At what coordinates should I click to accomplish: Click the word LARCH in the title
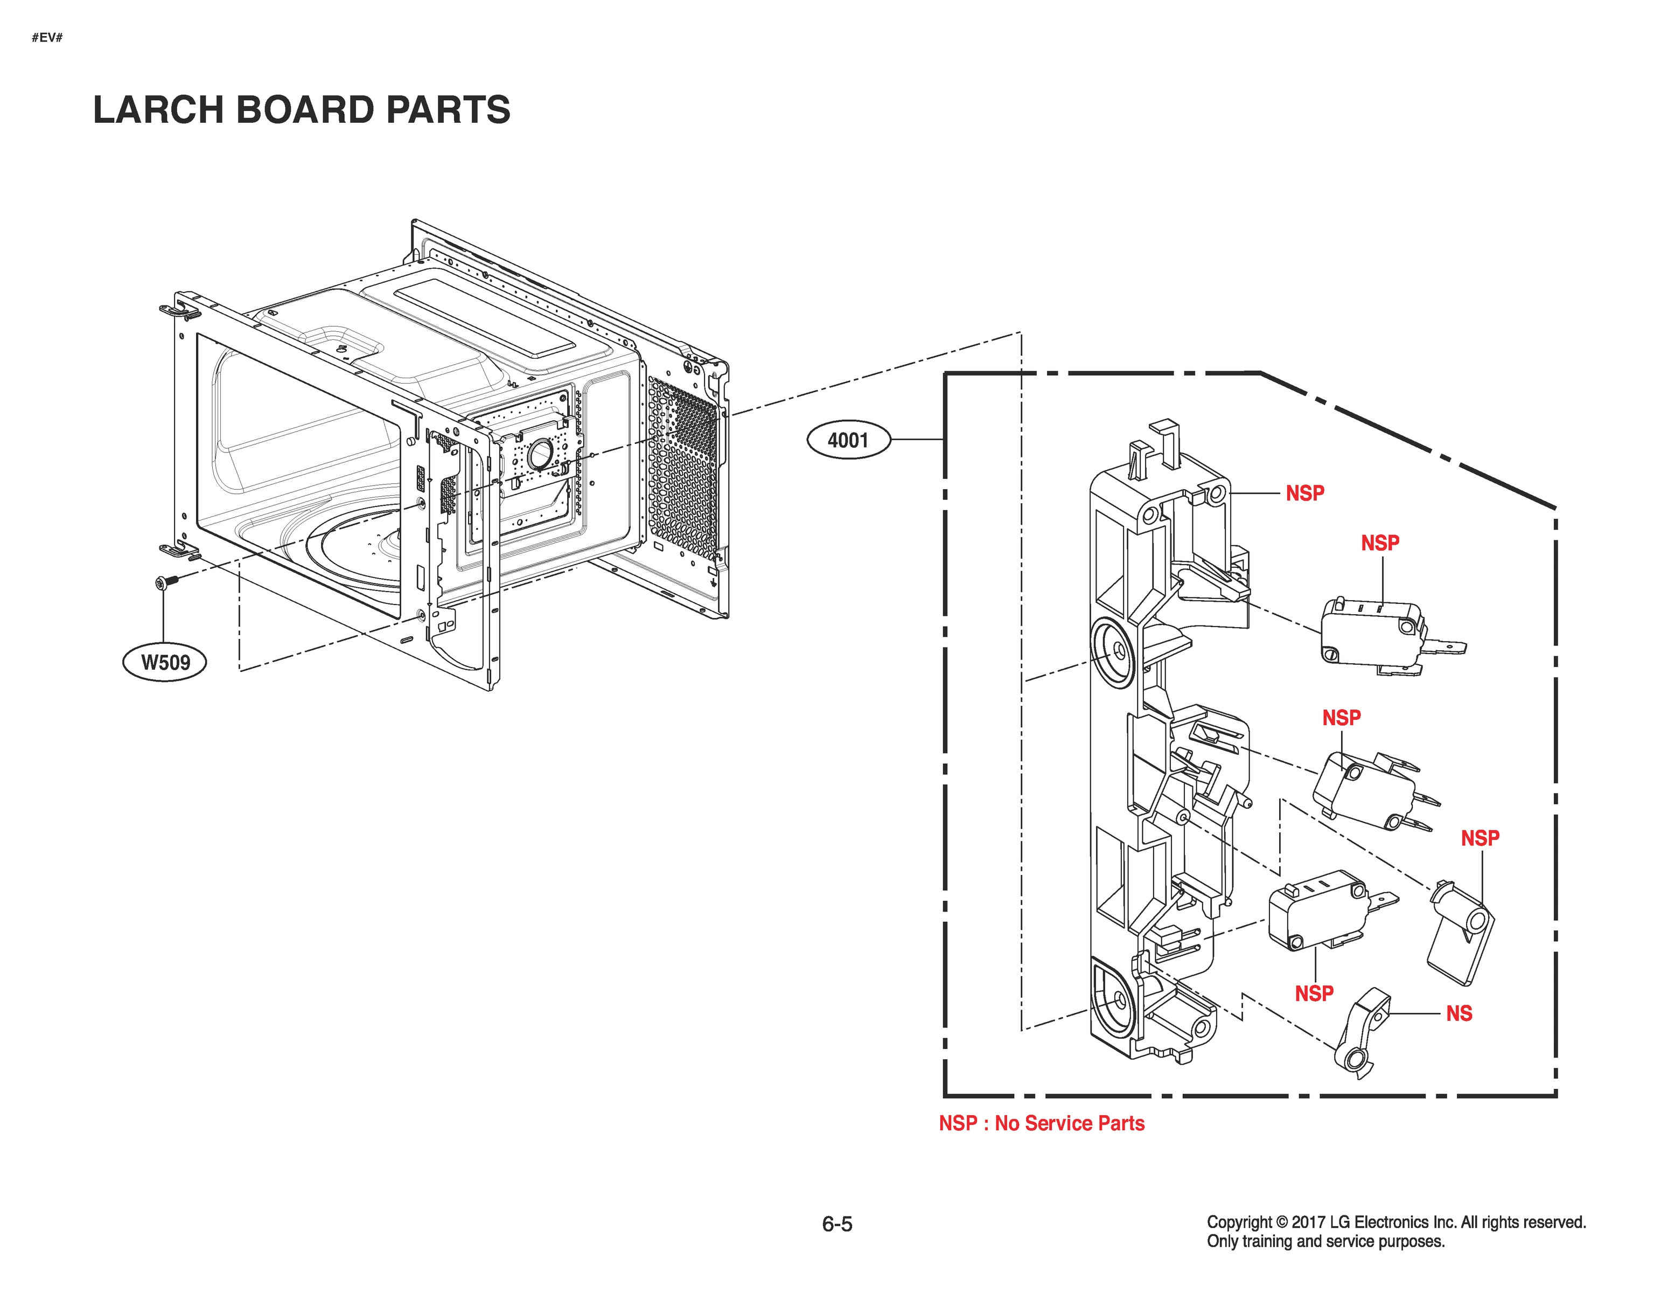pyautogui.click(x=158, y=110)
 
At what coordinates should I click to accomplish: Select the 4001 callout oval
pyautogui.click(x=848, y=441)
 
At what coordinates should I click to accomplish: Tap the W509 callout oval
pyautogui.click(x=165, y=662)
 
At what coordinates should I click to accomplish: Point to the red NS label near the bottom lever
pyautogui.click(x=1458, y=1014)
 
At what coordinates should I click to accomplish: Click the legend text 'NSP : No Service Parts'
pyautogui.click(x=1041, y=1123)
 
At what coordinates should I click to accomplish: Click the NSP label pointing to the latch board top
pyautogui.click(x=1304, y=493)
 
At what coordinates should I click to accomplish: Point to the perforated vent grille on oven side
pyautogui.click(x=682, y=468)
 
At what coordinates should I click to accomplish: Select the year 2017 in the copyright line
pyautogui.click(x=1308, y=1222)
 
